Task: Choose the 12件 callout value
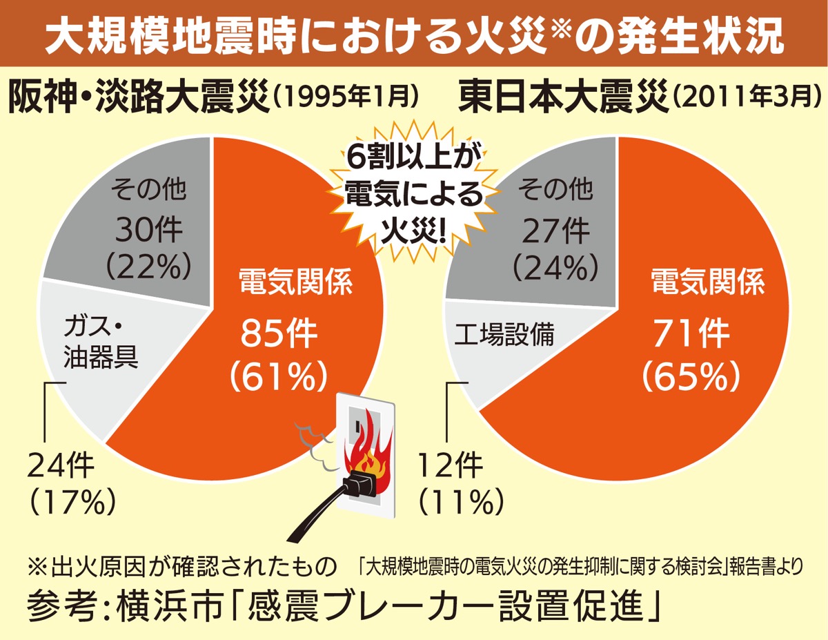click(453, 468)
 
